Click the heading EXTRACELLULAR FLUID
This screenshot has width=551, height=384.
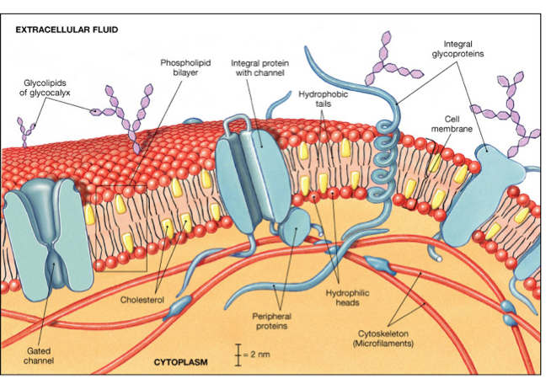pos(67,29)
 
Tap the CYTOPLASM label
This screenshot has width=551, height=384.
pos(180,362)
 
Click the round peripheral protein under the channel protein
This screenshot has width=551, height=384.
pos(297,228)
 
